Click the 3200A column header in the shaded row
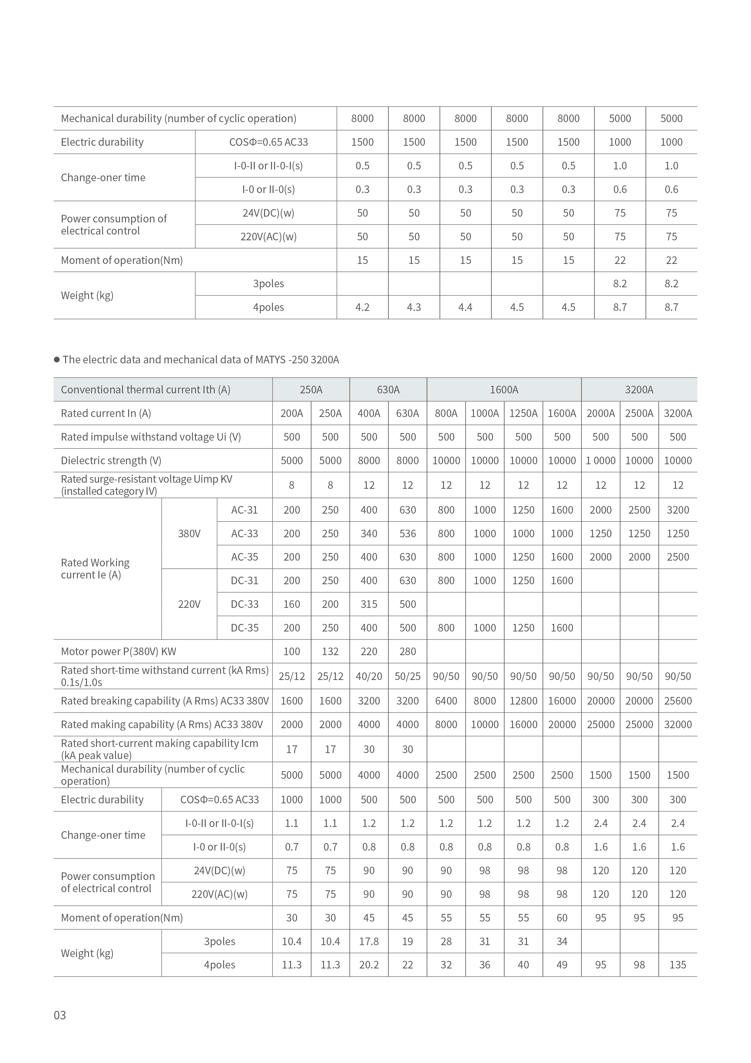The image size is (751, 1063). click(x=639, y=389)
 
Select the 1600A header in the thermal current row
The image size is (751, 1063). click(x=504, y=389)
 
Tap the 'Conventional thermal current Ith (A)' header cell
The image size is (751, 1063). click(x=145, y=389)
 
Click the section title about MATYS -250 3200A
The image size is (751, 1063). click(x=200, y=360)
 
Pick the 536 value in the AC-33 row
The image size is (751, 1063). click(x=407, y=533)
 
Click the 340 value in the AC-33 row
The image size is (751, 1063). click(x=369, y=533)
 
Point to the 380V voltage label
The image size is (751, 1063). click(x=189, y=533)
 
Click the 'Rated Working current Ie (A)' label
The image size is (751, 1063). click(x=95, y=568)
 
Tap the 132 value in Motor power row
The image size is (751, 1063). click(x=330, y=651)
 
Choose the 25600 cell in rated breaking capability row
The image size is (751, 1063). click(x=677, y=701)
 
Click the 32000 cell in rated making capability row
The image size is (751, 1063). click(x=677, y=725)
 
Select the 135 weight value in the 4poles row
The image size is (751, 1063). click(x=677, y=965)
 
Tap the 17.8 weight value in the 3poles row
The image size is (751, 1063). click(x=369, y=941)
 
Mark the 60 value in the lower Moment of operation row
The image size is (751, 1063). click(x=562, y=918)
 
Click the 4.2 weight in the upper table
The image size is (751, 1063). click(x=362, y=308)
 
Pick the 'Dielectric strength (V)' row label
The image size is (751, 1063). click(x=111, y=460)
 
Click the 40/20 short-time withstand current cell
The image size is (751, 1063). click(x=369, y=676)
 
